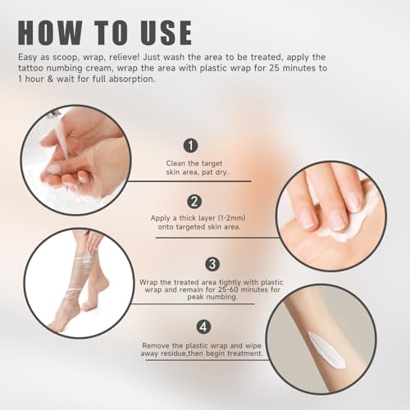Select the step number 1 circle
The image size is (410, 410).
pyautogui.click(x=191, y=145)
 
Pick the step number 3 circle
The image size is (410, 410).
pyautogui.click(x=211, y=264)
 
